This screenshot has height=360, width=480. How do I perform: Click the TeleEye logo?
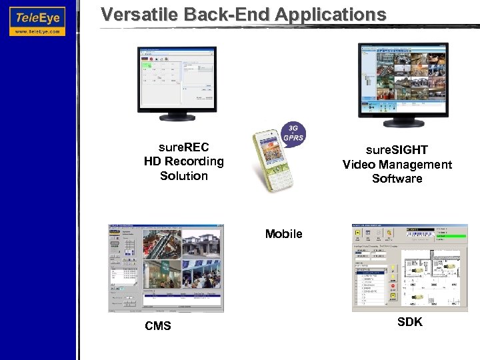[x=37, y=15]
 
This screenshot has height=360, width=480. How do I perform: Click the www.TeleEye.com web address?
[x=37, y=31]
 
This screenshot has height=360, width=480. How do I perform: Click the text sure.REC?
[x=184, y=147]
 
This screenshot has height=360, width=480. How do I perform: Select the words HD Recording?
[x=184, y=161]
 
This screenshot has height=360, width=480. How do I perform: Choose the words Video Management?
[x=397, y=165]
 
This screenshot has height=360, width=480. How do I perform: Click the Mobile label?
[x=283, y=234]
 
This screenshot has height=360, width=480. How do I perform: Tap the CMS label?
[x=158, y=326]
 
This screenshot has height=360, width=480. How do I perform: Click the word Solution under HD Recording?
[x=184, y=176]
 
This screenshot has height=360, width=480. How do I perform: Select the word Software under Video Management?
[x=397, y=179]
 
